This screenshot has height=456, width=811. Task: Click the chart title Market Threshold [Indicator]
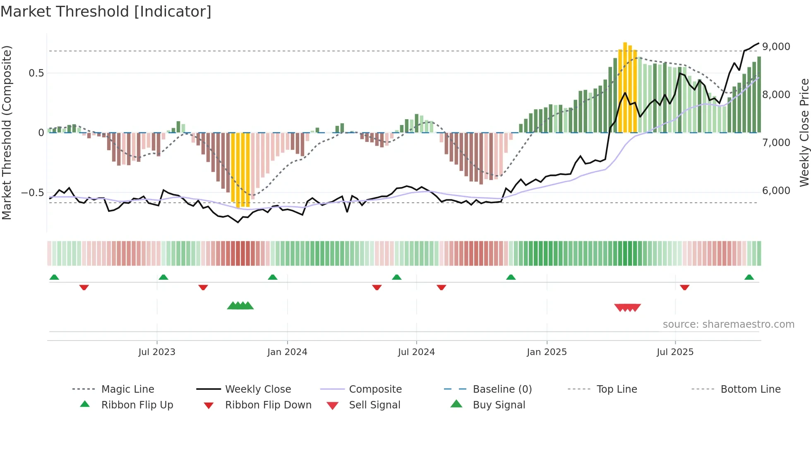tap(106, 12)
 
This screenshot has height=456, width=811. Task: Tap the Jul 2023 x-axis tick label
tap(157, 352)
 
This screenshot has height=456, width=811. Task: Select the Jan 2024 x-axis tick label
tap(287, 352)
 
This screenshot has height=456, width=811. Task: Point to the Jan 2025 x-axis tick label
tap(547, 352)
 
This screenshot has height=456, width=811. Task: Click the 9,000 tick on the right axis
tap(776, 47)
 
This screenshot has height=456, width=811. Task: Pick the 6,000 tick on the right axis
tap(776, 191)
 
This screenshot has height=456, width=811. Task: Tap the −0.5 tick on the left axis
tap(32, 193)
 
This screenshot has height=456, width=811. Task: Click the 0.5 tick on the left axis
tap(36, 73)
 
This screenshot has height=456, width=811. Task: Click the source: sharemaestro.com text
tap(728, 324)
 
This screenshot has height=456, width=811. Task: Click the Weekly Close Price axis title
tap(804, 132)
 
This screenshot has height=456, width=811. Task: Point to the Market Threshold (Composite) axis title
tap(7, 132)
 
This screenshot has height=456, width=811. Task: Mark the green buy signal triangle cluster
tap(240, 306)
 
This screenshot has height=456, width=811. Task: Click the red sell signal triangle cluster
tap(627, 307)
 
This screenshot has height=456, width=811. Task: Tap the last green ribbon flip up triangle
tap(749, 277)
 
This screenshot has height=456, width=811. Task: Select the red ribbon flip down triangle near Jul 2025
tap(684, 287)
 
